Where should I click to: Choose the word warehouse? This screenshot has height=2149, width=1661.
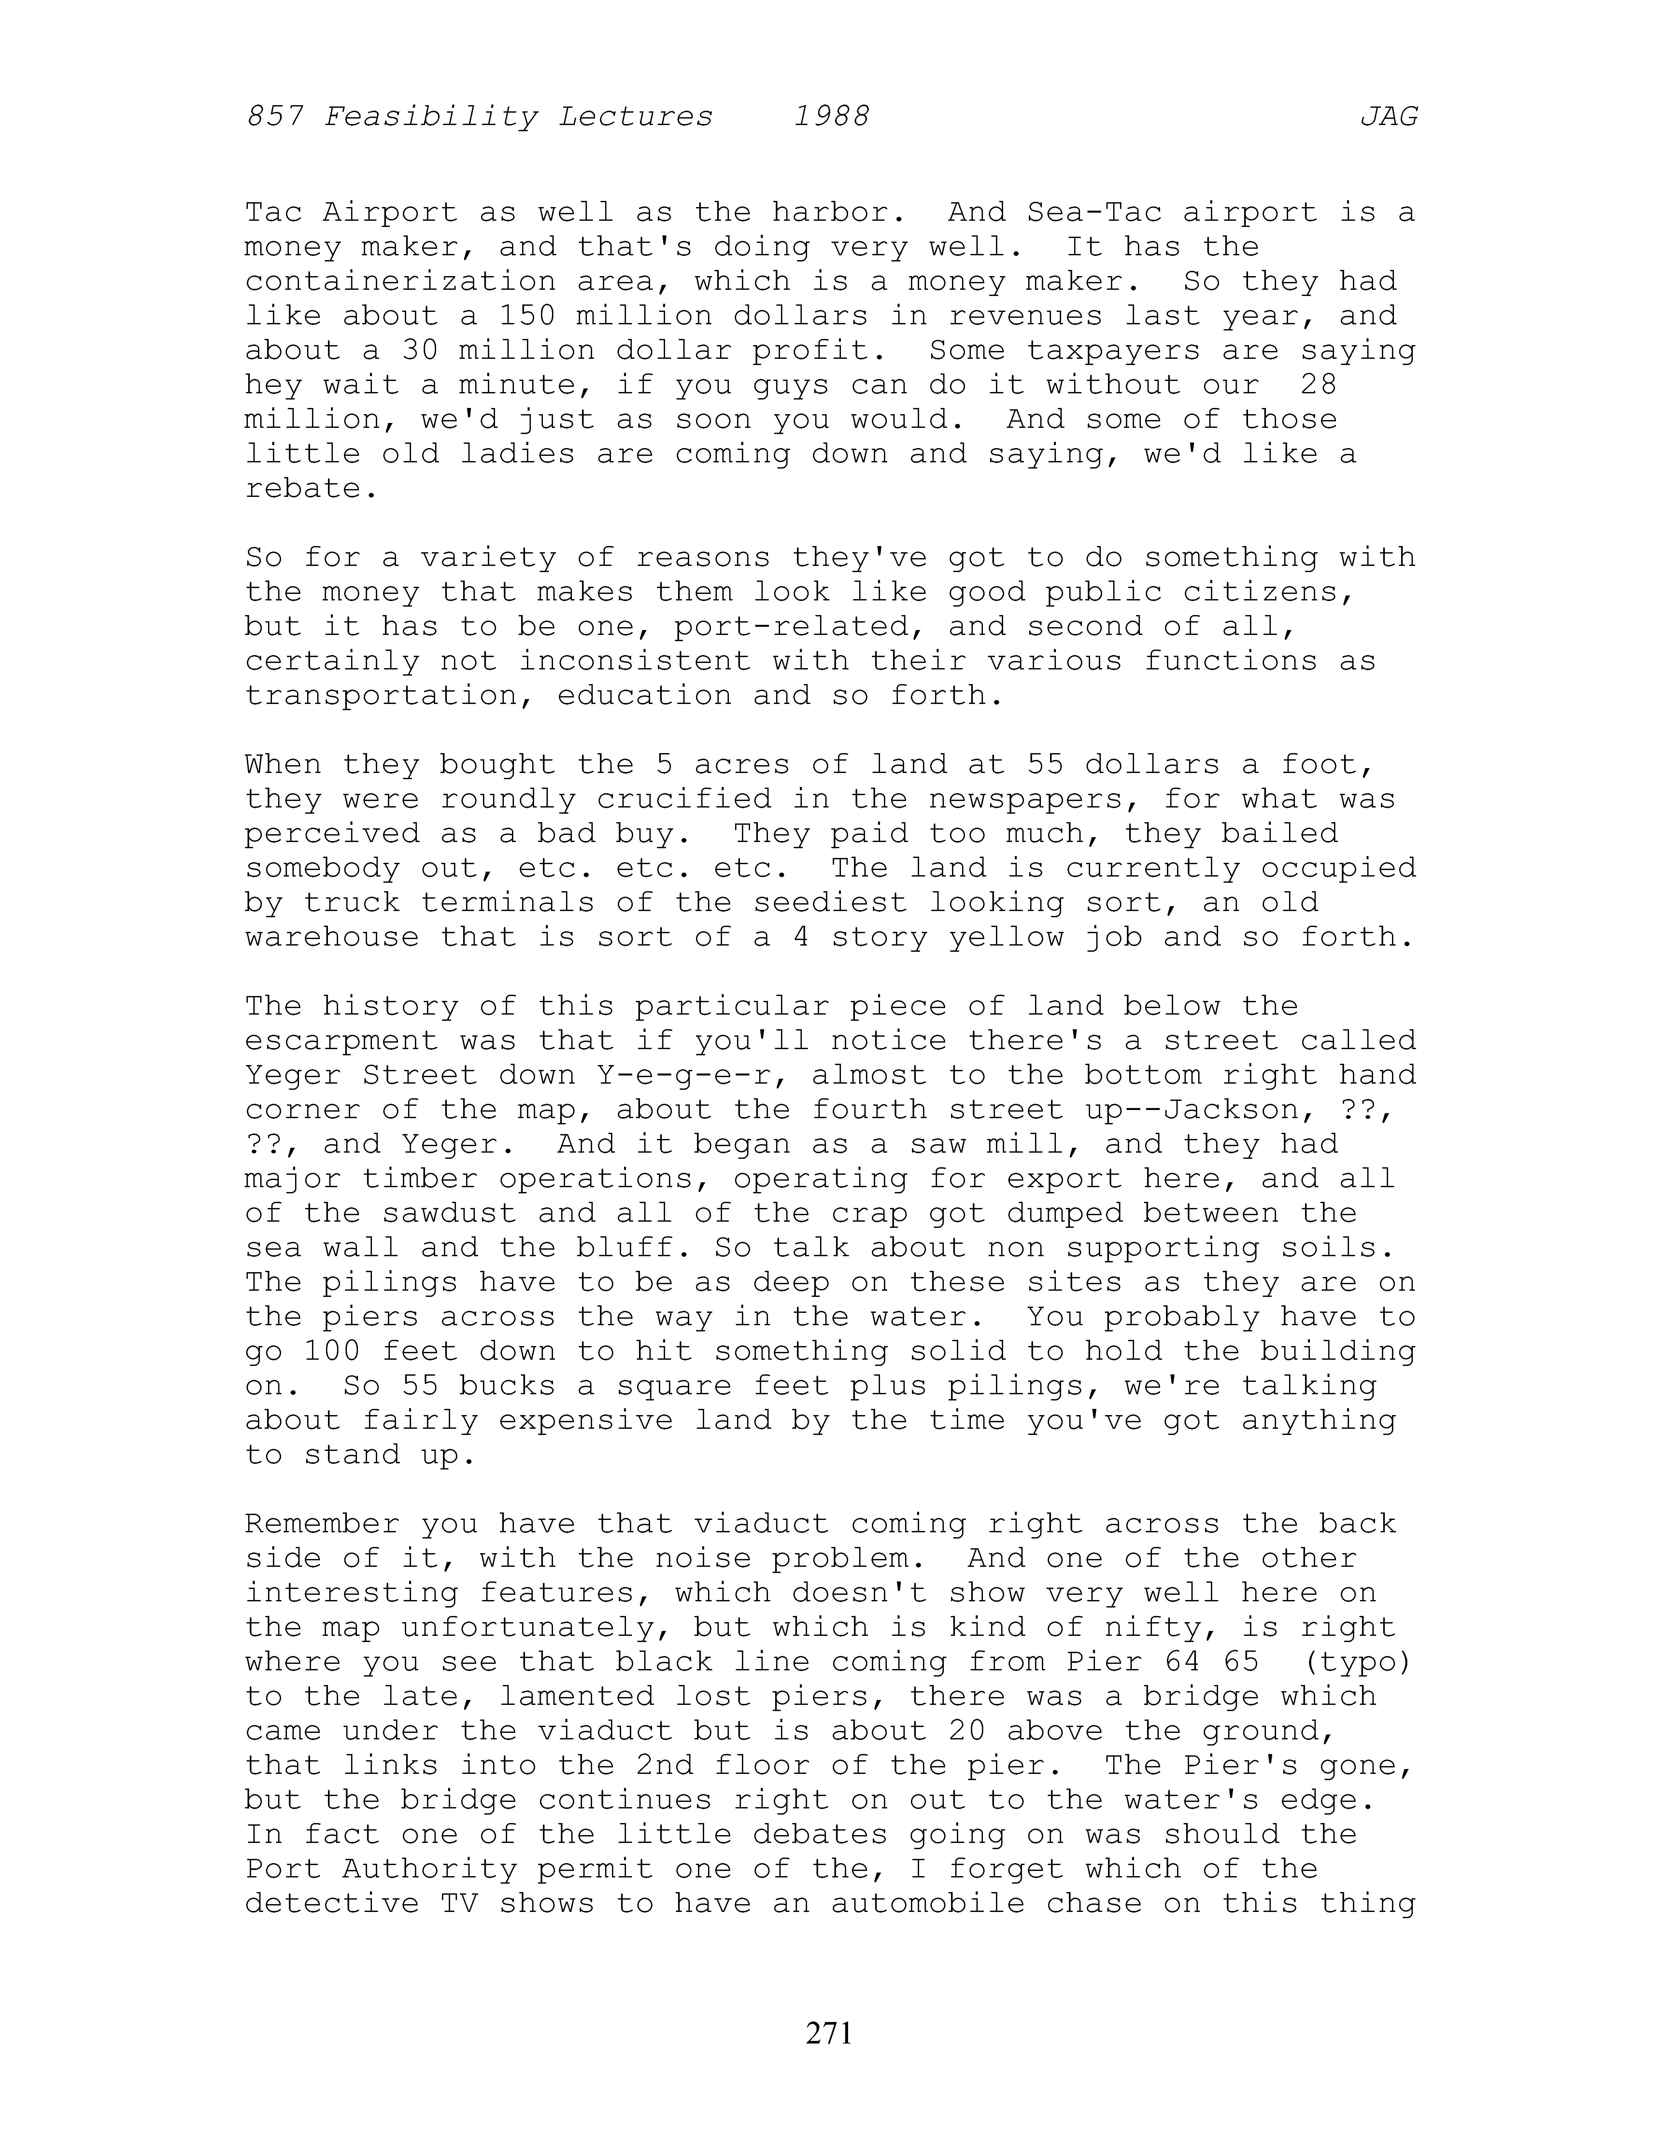click(x=332, y=937)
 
